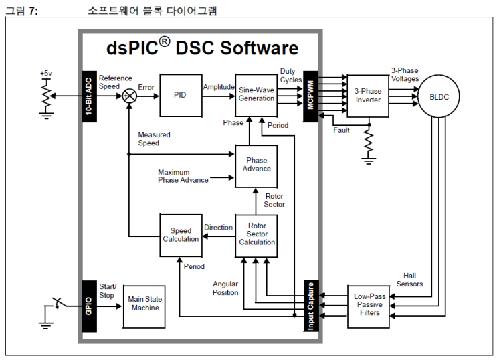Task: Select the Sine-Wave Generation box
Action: pyautogui.click(x=257, y=94)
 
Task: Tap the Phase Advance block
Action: pyautogui.click(x=257, y=165)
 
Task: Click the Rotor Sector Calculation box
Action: pyautogui.click(x=257, y=234)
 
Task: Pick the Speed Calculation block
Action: pyautogui.click(x=181, y=235)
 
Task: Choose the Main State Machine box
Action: pyautogui.click(x=144, y=304)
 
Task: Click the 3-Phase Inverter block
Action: pyautogui.click(x=367, y=96)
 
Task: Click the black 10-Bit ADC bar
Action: pyautogui.click(x=88, y=95)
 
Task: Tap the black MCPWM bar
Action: pyautogui.click(x=310, y=95)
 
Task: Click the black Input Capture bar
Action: pyautogui.click(x=310, y=304)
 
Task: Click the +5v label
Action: pyautogui.click(x=45, y=73)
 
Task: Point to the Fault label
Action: pyautogui.click(x=341, y=130)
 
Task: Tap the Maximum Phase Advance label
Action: pyautogui.click(x=183, y=176)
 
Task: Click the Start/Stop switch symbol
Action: pyautogui.click(x=59, y=303)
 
